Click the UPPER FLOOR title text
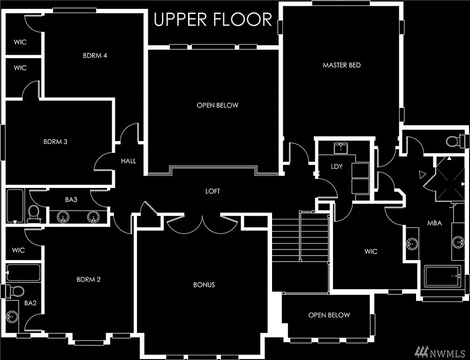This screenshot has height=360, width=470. pyautogui.click(x=213, y=20)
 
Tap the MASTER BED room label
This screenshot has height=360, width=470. pyautogui.click(x=341, y=65)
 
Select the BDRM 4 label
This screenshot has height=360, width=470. pyautogui.click(x=95, y=55)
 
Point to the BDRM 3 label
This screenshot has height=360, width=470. pyautogui.click(x=55, y=141)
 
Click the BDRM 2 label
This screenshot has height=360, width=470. pyautogui.click(x=89, y=279)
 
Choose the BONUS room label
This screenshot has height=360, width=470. pyautogui.click(x=204, y=285)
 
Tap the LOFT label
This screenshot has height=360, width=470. pyautogui.click(x=212, y=191)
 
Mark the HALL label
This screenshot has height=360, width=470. pyautogui.click(x=128, y=161)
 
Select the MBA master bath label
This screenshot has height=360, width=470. pyautogui.click(x=434, y=223)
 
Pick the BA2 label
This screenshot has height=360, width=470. pyautogui.click(x=30, y=303)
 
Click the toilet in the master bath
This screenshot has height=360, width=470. pyautogui.click(x=454, y=141)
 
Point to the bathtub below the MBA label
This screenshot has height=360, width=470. pyautogui.click(x=442, y=276)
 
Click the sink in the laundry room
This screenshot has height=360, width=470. pyautogui.click(x=341, y=149)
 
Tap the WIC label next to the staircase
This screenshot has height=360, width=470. pyautogui.click(x=371, y=251)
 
